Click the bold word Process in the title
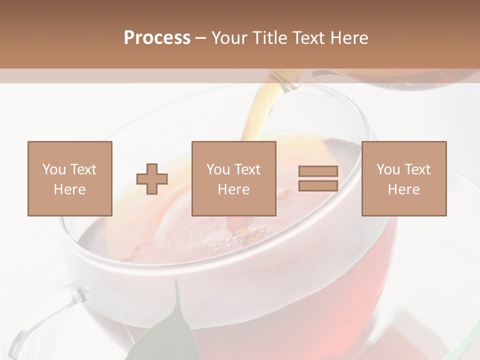(157, 38)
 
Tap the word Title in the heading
(269, 38)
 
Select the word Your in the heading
(229, 38)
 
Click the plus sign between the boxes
(152, 179)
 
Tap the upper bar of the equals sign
(318, 171)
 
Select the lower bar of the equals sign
(318, 185)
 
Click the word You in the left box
(54, 169)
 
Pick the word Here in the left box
(69, 189)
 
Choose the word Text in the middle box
(247, 169)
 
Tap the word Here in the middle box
(233, 189)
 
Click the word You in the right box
(388, 169)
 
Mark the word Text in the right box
(417, 169)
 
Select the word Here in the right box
(403, 189)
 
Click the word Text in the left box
(83, 169)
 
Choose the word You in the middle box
(218, 169)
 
